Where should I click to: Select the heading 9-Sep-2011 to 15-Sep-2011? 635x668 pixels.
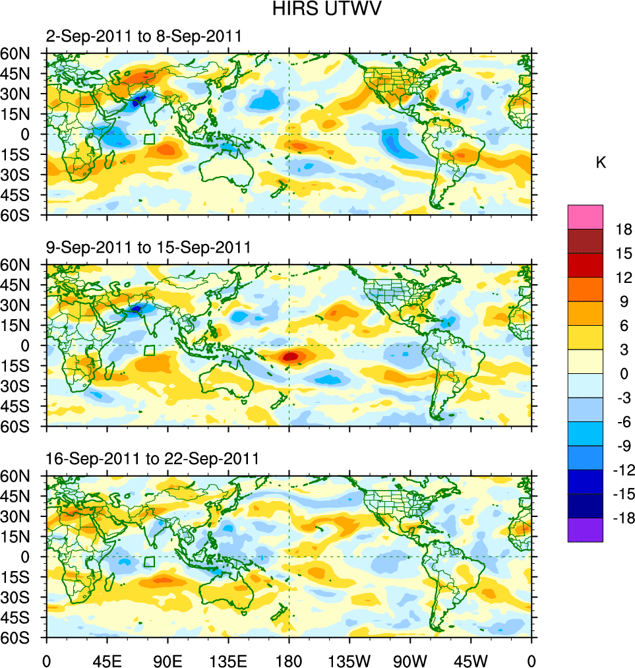click(x=148, y=247)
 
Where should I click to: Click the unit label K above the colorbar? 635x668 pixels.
click(x=601, y=163)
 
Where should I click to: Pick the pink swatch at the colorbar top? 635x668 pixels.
click(x=585, y=216)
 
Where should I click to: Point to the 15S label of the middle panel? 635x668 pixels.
click(x=22, y=365)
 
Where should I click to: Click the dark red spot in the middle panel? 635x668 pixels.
click(x=291, y=356)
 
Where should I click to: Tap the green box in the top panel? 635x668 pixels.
click(x=150, y=139)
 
